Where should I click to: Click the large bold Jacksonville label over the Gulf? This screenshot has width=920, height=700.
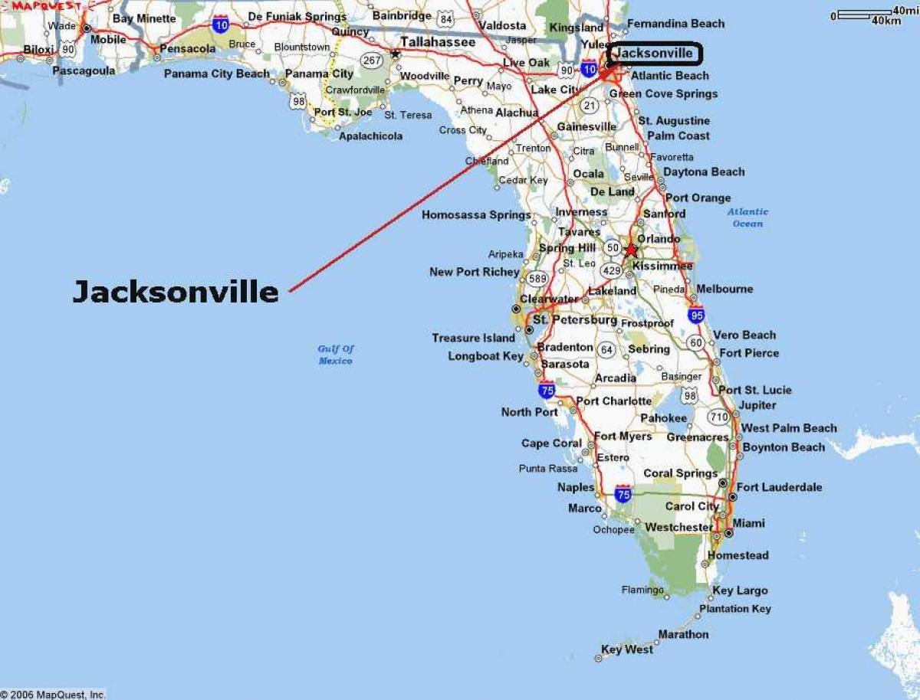click(x=176, y=292)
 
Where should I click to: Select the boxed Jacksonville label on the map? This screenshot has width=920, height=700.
click(x=654, y=54)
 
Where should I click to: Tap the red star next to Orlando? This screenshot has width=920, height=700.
click(x=630, y=250)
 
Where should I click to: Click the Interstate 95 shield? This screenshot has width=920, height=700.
click(x=695, y=315)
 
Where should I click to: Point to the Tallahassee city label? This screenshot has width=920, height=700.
click(x=437, y=42)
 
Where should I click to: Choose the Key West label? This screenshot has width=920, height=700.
click(x=627, y=649)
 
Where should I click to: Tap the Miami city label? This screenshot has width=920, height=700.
click(x=748, y=523)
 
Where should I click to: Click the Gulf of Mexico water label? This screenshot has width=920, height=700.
click(x=336, y=355)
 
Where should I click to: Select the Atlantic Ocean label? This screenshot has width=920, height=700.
click(x=747, y=218)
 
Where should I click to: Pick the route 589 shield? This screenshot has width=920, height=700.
click(x=537, y=279)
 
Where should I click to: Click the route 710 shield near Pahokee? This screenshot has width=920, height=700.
click(x=718, y=417)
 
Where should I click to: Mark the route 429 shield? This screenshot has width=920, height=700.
click(x=612, y=270)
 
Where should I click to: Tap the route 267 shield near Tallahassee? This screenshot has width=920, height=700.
click(x=373, y=61)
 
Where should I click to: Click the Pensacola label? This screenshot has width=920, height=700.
click(x=188, y=48)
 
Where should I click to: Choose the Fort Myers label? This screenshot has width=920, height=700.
click(x=623, y=437)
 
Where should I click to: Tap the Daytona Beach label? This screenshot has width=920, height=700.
click(x=704, y=172)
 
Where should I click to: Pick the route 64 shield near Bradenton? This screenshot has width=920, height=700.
click(x=606, y=350)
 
